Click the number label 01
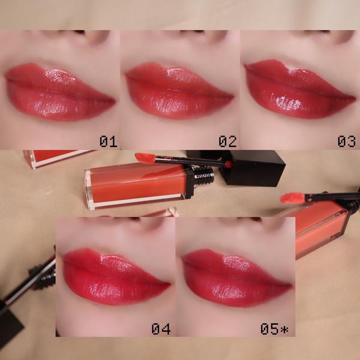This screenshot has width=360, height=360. click(109, 141)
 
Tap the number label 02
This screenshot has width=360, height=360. click(227, 141)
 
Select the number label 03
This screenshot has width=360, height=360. click(346, 141)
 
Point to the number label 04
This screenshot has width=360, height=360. click(161, 329)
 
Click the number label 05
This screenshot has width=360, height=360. click(269, 329)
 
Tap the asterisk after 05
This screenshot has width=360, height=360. click(284, 329)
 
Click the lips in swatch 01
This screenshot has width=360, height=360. click(59, 92)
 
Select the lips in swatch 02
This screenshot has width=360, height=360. click(179, 91)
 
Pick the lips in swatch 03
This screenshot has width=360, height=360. click(300, 89)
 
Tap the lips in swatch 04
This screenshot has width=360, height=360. click(116, 277)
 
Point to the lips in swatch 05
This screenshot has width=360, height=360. click(236, 278)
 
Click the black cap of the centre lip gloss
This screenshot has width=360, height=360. click(253, 167)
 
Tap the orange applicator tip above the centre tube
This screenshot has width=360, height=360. click(145, 158)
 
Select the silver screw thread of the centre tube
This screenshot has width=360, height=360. click(204, 176)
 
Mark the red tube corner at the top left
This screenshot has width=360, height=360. click(58, 158)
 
